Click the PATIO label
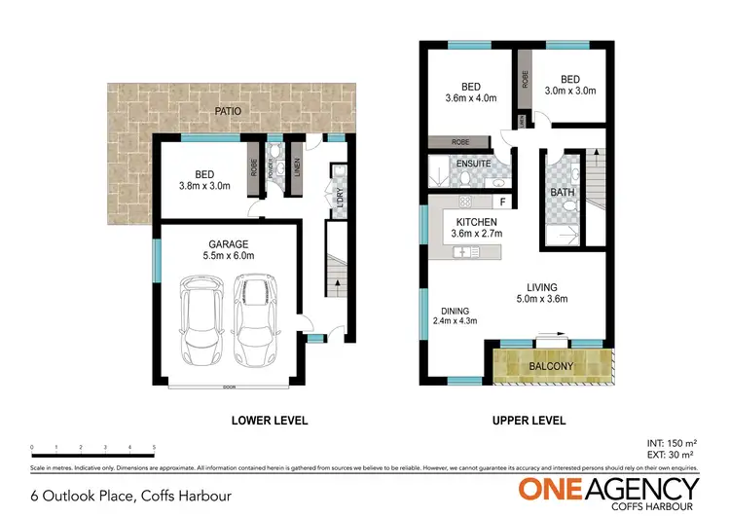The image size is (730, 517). (229, 112)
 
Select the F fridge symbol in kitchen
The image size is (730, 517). (501, 203)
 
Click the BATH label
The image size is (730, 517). (563, 193)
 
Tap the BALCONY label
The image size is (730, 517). (550, 366)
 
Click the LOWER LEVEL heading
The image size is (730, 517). (269, 421)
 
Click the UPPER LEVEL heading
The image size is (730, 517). (527, 421)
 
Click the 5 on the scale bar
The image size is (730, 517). (154, 448)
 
